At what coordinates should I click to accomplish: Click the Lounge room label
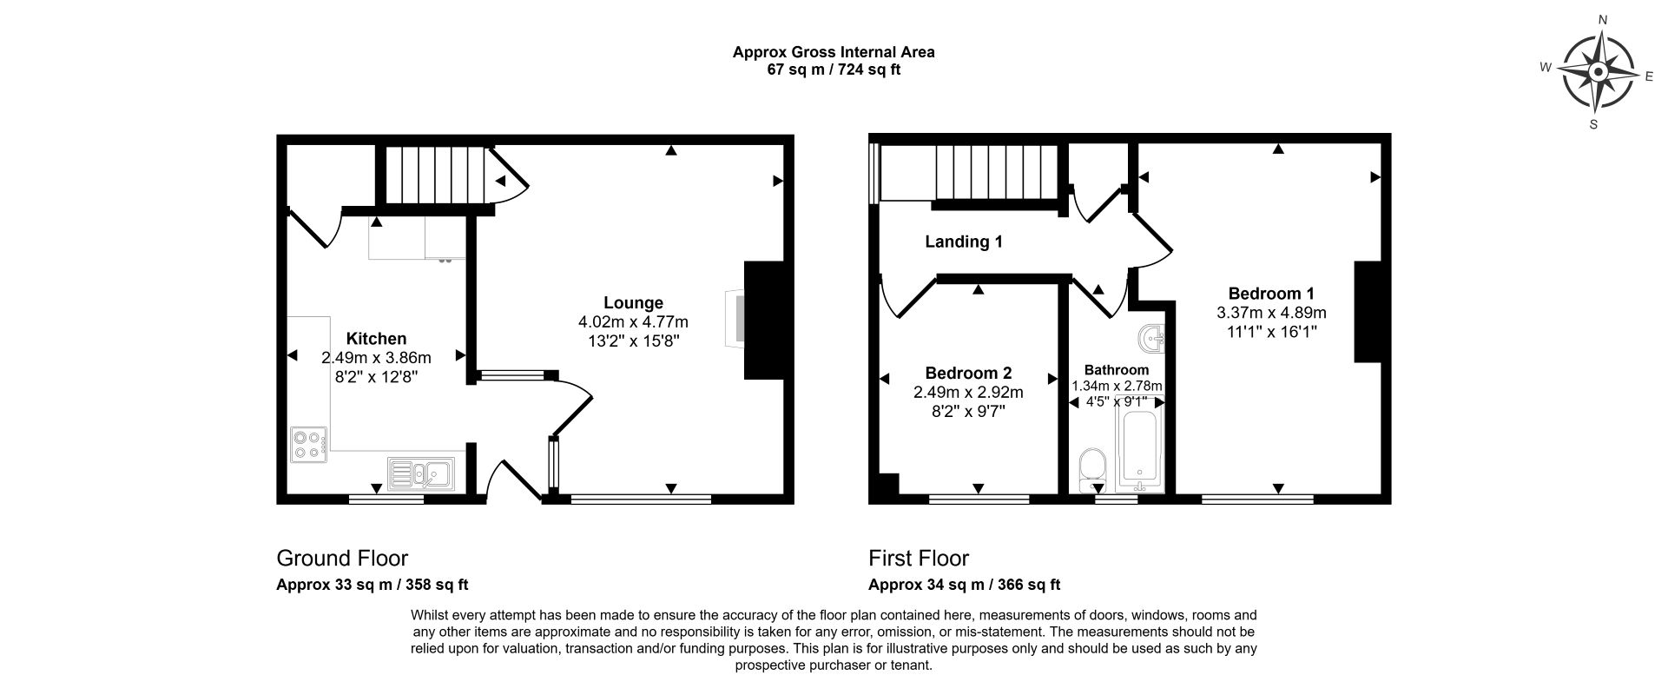pyautogui.click(x=633, y=302)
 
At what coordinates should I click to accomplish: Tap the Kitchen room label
pyautogui.click(x=376, y=339)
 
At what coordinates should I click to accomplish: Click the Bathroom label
pyautogui.click(x=1117, y=370)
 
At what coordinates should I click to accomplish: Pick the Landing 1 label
pyautogui.click(x=963, y=242)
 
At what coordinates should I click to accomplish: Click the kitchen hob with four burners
pyautogui.click(x=309, y=446)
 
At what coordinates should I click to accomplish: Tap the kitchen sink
pyautogui.click(x=420, y=473)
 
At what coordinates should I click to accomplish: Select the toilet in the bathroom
pyautogui.click(x=1091, y=470)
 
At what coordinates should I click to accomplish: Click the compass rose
pyautogui.click(x=1598, y=73)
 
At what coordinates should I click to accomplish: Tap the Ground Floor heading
pyautogui.click(x=342, y=558)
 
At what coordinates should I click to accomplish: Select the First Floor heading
pyautogui.click(x=919, y=558)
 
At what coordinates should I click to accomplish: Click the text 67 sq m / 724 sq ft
pyautogui.click(x=834, y=69)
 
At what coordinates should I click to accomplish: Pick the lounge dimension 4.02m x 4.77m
pyautogui.click(x=633, y=321)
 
